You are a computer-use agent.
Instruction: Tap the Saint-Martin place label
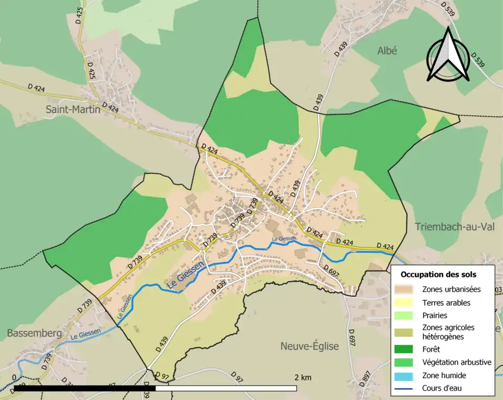[73, 110]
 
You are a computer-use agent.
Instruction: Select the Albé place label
[387, 50]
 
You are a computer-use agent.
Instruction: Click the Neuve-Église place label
[309, 346]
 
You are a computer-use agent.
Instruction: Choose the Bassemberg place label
[35, 333]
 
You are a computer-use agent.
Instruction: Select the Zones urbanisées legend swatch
[407, 289]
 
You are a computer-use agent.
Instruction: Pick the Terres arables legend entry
[446, 302]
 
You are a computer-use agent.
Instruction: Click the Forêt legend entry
[433, 349]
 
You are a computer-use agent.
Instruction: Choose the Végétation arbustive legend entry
[456, 362]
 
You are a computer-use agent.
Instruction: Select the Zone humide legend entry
[444, 375]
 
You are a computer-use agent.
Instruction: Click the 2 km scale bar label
[303, 377]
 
